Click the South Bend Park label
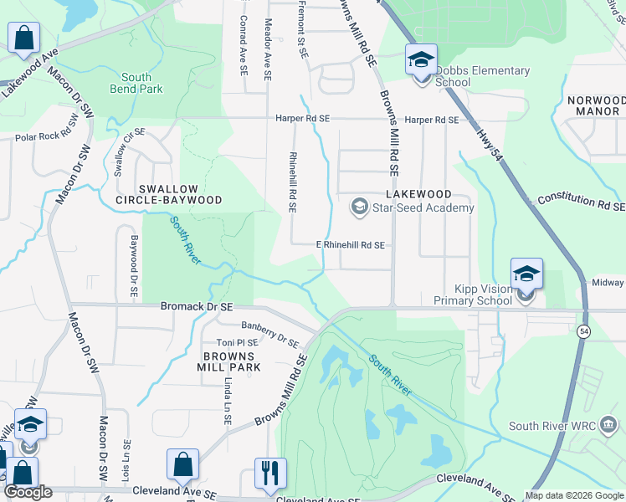click(137, 82)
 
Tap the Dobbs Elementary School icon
click(421, 60)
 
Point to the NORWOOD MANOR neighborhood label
click(596, 105)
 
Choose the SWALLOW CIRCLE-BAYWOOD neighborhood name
click(169, 194)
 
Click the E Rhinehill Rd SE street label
click(350, 245)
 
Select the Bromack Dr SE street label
click(196, 307)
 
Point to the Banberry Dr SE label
click(269, 334)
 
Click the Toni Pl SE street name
click(236, 343)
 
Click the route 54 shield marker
click(582, 331)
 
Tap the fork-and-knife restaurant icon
click(270, 474)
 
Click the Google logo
click(28, 491)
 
